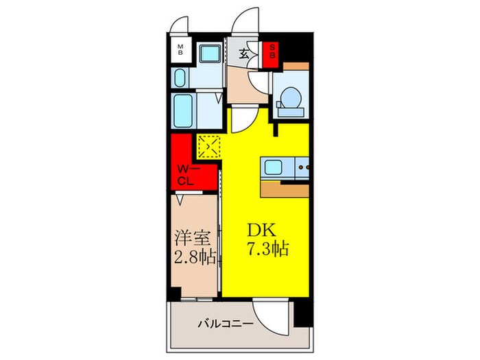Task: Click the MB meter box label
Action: click(181, 49)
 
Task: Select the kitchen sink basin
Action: click(272, 167)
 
